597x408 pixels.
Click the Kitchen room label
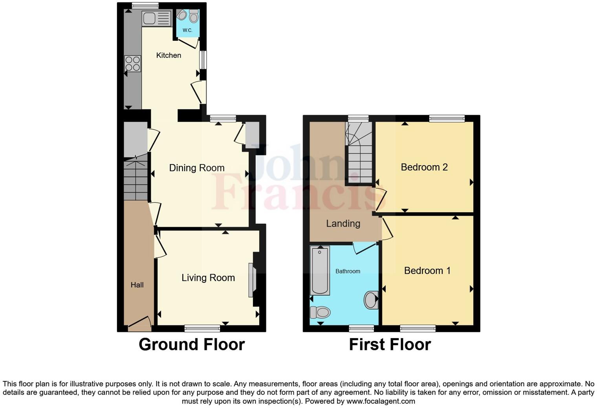click(x=168, y=55)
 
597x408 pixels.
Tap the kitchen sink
click(x=156, y=18)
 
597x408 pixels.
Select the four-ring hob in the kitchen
click(x=133, y=64)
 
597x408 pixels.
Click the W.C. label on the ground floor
click(x=187, y=30)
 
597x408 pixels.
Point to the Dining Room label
click(x=197, y=168)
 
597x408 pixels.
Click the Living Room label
click(x=208, y=278)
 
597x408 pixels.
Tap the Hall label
click(x=137, y=285)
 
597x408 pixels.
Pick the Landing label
click(x=343, y=224)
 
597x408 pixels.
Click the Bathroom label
click(x=348, y=271)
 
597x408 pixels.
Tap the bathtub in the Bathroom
click(x=320, y=271)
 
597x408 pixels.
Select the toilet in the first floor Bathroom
click(x=320, y=312)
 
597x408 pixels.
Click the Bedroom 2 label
click(x=424, y=167)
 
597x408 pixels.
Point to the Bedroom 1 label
click(x=427, y=271)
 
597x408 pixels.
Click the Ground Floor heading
click(x=192, y=344)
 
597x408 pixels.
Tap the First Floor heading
click(x=390, y=344)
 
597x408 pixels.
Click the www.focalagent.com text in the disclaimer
click(x=380, y=401)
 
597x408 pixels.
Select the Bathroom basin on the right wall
click(x=371, y=300)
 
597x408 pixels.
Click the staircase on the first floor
click(x=359, y=153)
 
